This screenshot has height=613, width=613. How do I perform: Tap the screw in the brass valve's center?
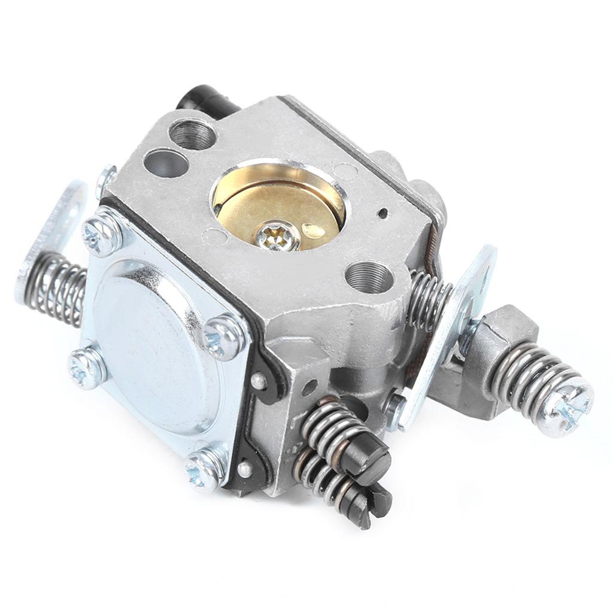pyautogui.click(x=277, y=237)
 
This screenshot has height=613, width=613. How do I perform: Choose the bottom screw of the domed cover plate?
pyautogui.click(x=204, y=468)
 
